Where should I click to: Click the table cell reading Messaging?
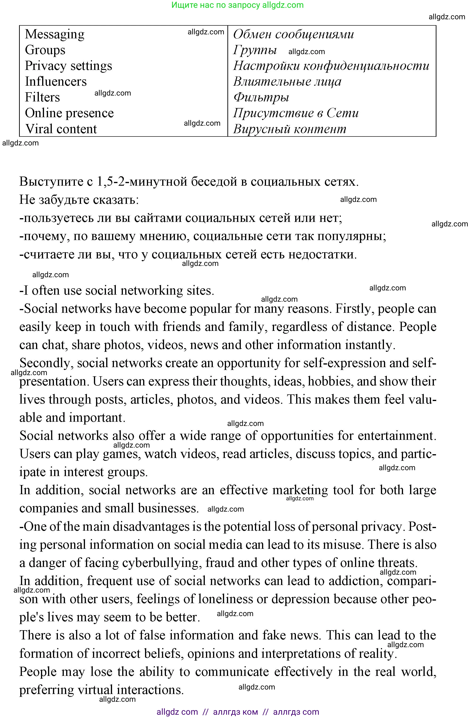tap(55, 34)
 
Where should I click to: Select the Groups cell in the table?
tap(45, 50)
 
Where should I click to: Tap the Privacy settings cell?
tap(68, 66)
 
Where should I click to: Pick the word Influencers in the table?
tap(56, 82)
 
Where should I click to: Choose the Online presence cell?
tap(69, 113)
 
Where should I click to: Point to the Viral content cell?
tap(61, 129)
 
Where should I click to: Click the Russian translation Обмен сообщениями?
tap(293, 34)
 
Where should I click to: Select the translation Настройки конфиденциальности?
tap(331, 66)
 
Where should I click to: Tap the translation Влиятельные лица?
tap(287, 82)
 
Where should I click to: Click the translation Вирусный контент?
tap(290, 129)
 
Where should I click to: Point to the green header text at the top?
tap(237, 5)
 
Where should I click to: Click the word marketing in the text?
tap(300, 490)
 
